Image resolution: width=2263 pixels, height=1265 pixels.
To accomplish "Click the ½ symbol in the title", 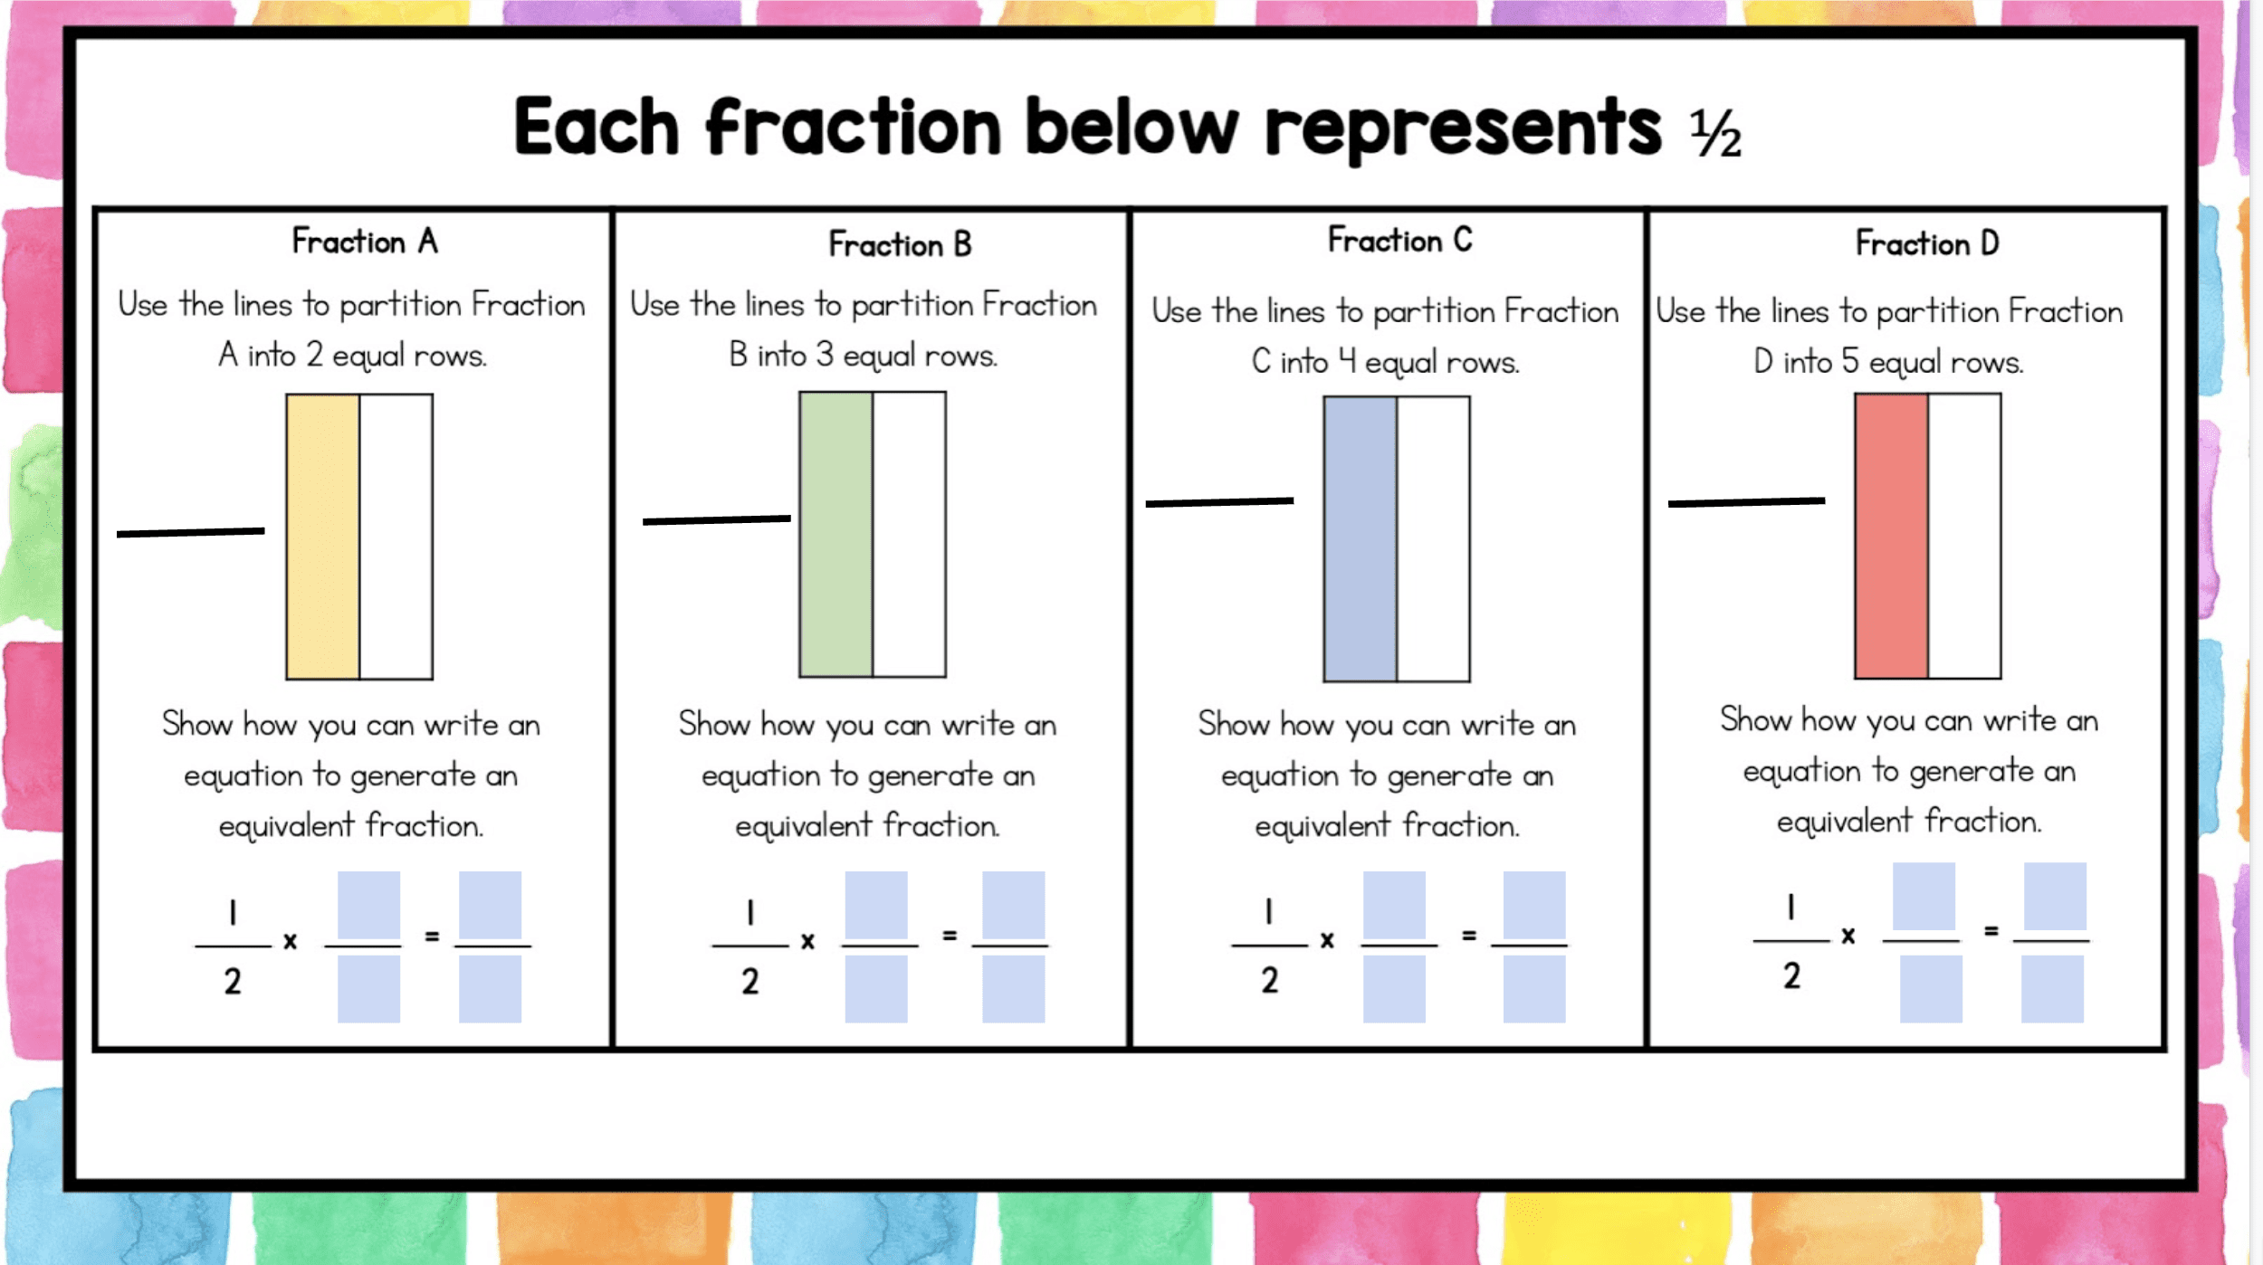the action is (x=1716, y=134).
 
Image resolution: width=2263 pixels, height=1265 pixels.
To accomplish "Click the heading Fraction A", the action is (x=365, y=242).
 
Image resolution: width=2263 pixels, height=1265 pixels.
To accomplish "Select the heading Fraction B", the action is (x=901, y=244).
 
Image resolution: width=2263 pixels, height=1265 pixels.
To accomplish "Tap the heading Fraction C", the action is (x=1400, y=240).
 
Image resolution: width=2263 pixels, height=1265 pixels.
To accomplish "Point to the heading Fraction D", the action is (x=1928, y=243).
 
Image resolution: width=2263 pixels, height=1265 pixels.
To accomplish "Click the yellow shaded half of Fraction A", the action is (x=323, y=537).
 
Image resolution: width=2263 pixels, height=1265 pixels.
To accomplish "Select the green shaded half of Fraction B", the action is (x=836, y=535).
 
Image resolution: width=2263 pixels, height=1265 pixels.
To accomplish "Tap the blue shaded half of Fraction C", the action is (x=1361, y=539).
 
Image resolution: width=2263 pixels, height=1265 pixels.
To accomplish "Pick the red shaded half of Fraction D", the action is (x=1892, y=537).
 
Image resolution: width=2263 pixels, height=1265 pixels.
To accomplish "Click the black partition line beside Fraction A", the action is (x=191, y=532).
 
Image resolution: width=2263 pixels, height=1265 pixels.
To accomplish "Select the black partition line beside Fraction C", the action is (x=1220, y=501).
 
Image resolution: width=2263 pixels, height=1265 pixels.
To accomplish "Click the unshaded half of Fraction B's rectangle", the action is (x=910, y=535).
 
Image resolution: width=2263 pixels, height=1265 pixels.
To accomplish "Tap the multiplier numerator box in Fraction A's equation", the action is (x=369, y=905).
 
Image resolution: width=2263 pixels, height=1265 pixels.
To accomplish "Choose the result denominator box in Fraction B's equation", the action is (x=1014, y=989).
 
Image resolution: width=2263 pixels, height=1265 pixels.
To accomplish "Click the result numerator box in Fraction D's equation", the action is (x=2056, y=897).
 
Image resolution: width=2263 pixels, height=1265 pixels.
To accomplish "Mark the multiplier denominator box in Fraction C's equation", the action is (x=1395, y=989).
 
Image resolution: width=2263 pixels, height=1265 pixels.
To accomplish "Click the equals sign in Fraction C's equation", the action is (x=1469, y=936).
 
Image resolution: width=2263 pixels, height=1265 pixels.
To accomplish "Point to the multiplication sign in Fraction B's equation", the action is (x=808, y=941).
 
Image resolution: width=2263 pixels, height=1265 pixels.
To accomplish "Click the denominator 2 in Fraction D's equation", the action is (x=1792, y=975).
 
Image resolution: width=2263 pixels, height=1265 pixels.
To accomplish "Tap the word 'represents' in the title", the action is (x=1464, y=128).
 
